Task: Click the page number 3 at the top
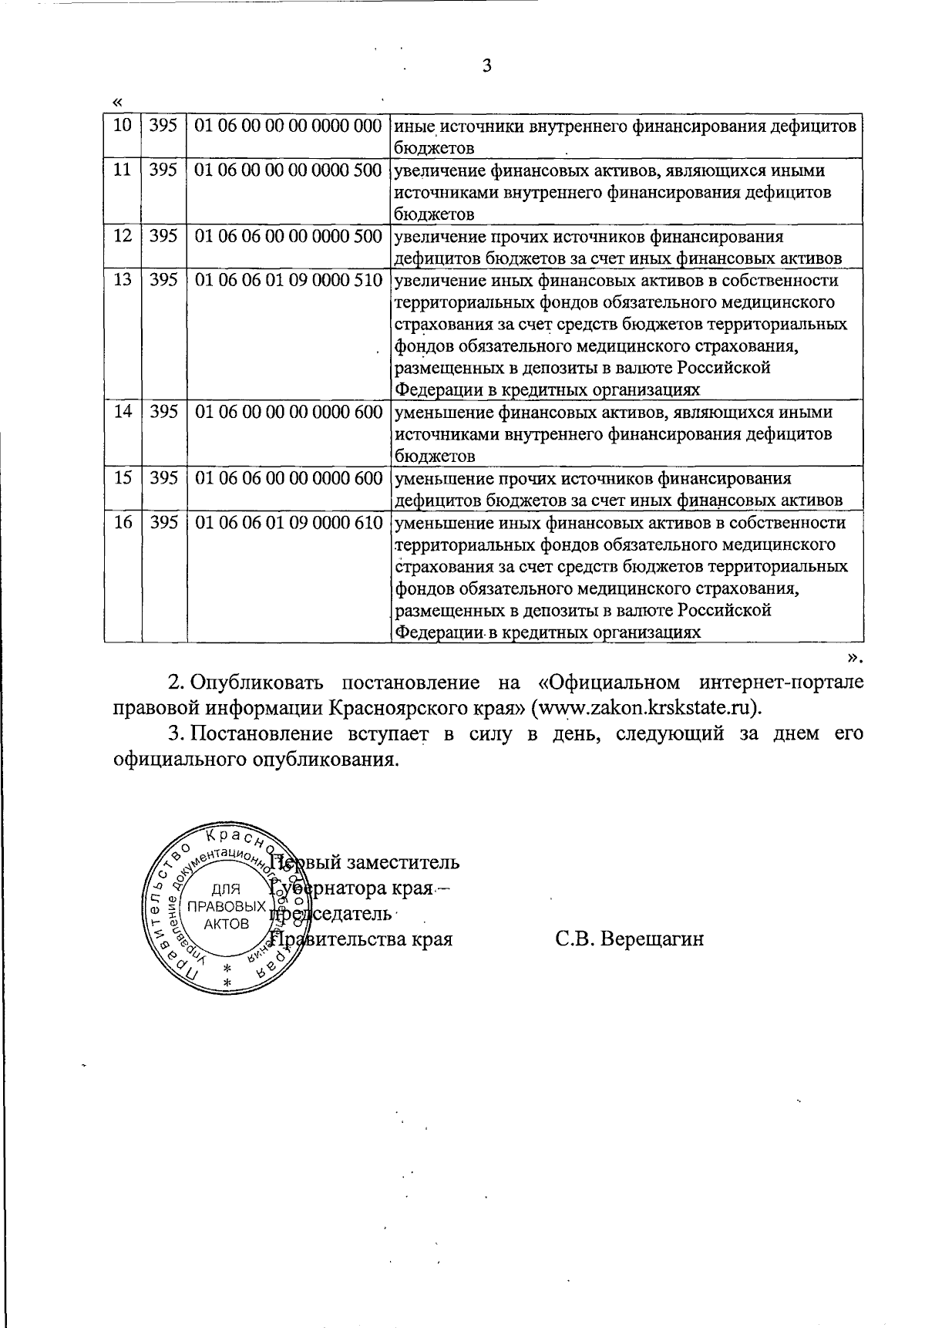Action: (x=486, y=66)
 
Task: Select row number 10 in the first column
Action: (x=122, y=125)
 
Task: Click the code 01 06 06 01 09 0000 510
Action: (x=289, y=280)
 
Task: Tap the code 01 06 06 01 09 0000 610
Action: (x=289, y=523)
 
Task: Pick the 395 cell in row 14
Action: (x=163, y=412)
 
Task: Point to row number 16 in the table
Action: (x=123, y=523)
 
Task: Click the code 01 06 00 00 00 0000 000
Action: (x=289, y=125)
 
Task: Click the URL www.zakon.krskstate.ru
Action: (x=646, y=707)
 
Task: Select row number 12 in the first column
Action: (x=122, y=236)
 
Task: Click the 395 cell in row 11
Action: (x=163, y=170)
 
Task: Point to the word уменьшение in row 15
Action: (x=439, y=478)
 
